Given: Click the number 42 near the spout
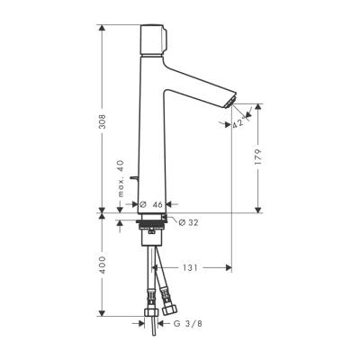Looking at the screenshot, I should (x=238, y=126).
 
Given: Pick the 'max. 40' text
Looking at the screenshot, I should (x=120, y=176).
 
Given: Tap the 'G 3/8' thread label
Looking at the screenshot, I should (x=187, y=322).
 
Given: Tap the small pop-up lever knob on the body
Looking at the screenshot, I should (x=133, y=180).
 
